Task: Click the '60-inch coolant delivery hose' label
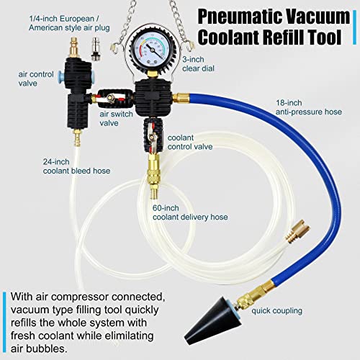coord(190,212)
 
